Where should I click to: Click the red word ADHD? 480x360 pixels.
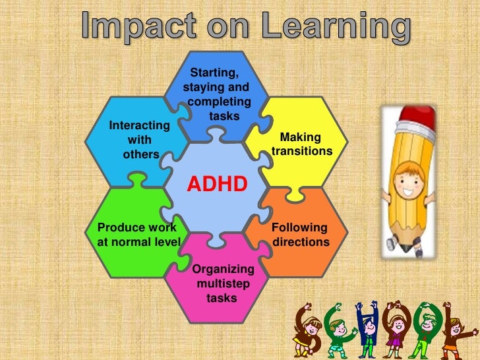pyautogui.click(x=217, y=183)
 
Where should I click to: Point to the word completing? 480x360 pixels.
pyautogui.click(x=219, y=102)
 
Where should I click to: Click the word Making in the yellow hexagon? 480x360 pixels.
pyautogui.click(x=301, y=137)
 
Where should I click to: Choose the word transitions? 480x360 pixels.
pyautogui.click(x=302, y=151)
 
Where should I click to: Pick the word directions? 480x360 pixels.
pyautogui.click(x=301, y=242)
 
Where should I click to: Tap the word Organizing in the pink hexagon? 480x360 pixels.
pyautogui.click(x=223, y=269)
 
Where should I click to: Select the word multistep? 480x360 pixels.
pyautogui.click(x=223, y=284)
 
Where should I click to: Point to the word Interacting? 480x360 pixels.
pyautogui.click(x=139, y=125)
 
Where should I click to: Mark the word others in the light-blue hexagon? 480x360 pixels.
pyautogui.click(x=141, y=154)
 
